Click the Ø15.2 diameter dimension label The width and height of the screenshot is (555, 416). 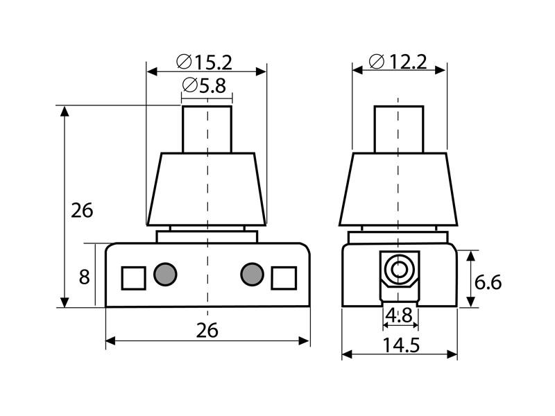204,62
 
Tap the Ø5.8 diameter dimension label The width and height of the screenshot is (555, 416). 204,85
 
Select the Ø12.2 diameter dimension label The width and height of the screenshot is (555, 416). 398,62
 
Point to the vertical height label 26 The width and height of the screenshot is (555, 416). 82,211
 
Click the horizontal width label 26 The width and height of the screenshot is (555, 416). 207,331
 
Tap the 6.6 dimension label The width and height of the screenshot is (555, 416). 488,282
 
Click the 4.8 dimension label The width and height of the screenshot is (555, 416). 399,315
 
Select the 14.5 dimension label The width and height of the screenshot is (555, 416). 402,345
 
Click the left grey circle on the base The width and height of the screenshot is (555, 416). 165,274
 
